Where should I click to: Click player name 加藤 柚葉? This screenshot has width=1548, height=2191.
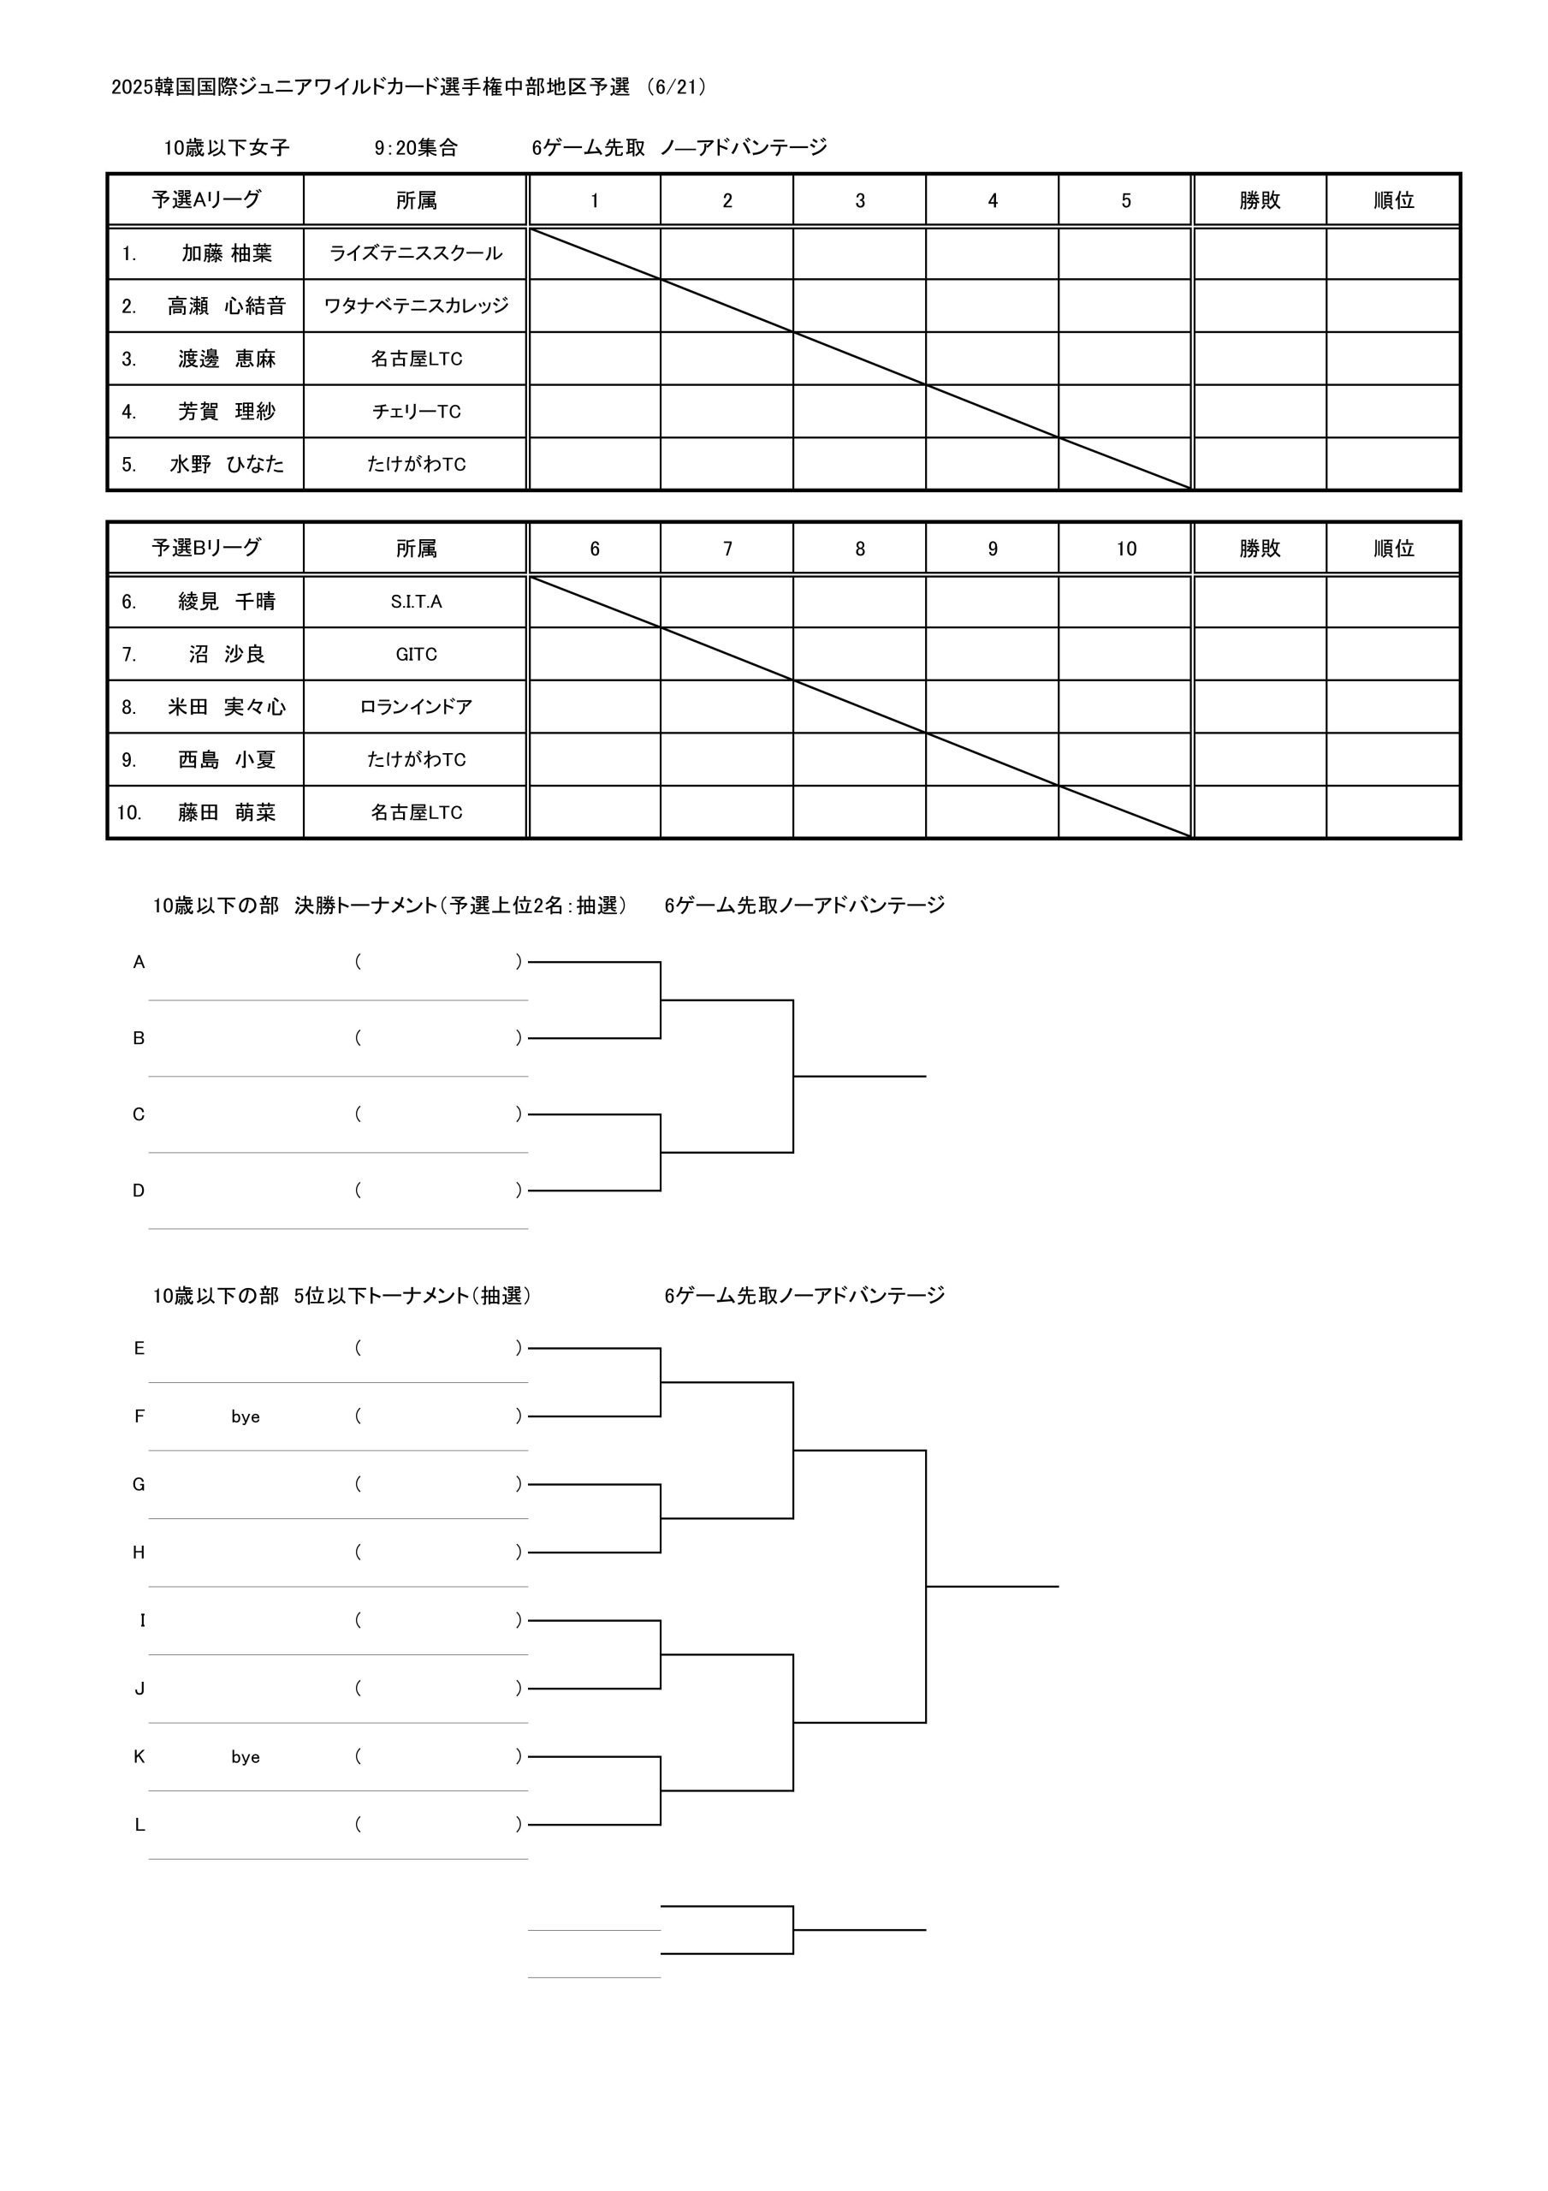click(226, 254)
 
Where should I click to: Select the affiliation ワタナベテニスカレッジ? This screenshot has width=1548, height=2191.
click(416, 306)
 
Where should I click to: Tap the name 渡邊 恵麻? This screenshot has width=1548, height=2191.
click(226, 359)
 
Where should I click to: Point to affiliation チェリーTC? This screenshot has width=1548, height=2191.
click(416, 412)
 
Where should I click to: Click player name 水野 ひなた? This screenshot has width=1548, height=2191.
click(226, 465)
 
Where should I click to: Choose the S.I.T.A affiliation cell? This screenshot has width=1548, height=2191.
click(416, 603)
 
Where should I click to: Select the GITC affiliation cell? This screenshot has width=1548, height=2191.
click(416, 655)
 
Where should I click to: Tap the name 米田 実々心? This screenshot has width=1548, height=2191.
click(226, 707)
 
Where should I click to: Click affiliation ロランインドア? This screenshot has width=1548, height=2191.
click(416, 707)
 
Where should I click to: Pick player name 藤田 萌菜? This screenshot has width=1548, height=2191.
click(226, 813)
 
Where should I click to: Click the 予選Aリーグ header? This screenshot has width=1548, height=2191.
click(206, 200)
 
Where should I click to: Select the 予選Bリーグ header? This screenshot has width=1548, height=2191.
click(206, 548)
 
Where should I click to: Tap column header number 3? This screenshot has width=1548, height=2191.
click(860, 201)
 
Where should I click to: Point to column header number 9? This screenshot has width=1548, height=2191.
click(993, 549)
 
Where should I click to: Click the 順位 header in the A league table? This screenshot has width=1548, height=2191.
click(1393, 201)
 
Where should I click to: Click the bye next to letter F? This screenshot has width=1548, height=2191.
click(246, 1417)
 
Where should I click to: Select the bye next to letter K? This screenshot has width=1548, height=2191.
click(246, 1758)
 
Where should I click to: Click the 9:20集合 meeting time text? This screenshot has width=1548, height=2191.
click(416, 148)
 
